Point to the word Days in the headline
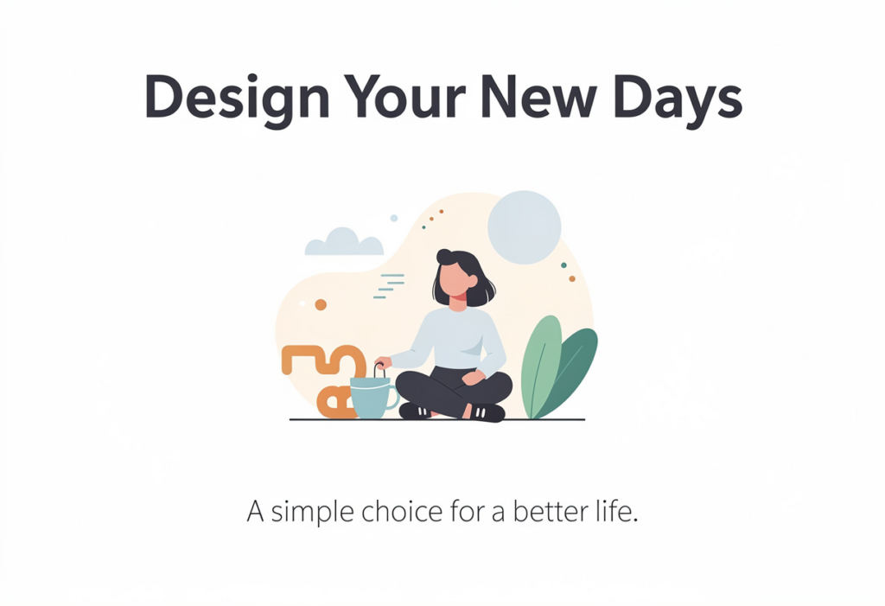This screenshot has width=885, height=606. tap(678, 100)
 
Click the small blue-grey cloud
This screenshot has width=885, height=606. tap(344, 242)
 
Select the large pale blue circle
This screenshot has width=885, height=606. tap(525, 227)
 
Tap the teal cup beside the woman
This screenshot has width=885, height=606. tap(371, 398)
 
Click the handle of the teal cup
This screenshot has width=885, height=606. tap(393, 397)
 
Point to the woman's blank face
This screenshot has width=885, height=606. tap(455, 281)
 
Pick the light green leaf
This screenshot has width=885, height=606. tap(541, 367)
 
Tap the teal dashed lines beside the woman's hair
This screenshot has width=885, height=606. tap(389, 286)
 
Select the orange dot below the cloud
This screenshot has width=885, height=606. tap(321, 305)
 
